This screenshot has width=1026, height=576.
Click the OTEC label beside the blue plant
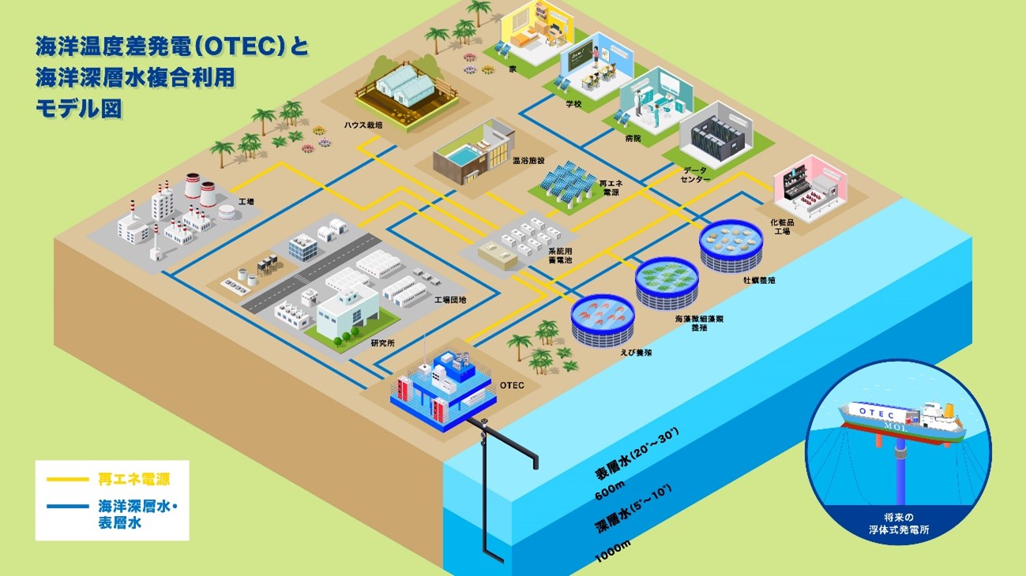pyautogui.click(x=512, y=385)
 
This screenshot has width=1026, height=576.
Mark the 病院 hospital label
pyautogui.click(x=632, y=138)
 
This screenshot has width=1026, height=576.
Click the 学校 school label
pyautogui.click(x=573, y=103)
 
